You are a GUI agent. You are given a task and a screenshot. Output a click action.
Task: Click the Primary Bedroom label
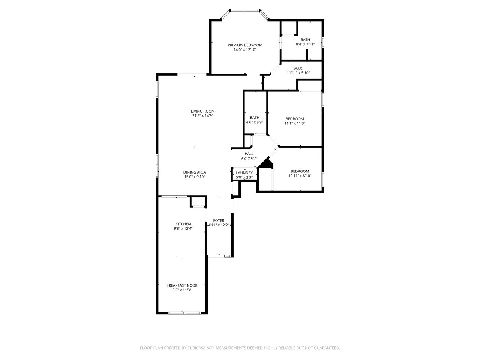(x=245, y=45)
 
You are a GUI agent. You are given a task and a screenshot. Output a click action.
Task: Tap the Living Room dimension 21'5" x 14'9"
(x=202, y=116)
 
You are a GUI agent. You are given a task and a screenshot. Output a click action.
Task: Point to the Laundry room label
(x=244, y=173)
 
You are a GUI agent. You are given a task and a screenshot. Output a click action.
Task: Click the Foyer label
(x=219, y=220)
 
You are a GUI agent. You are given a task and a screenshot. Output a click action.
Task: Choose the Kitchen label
(x=183, y=224)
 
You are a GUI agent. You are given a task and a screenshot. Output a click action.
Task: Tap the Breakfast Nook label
(x=182, y=285)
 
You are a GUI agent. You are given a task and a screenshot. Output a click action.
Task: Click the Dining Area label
(x=195, y=172)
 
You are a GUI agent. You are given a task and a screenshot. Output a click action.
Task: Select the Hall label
(x=249, y=154)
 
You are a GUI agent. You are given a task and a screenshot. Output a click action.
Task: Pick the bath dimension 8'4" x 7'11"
(x=305, y=44)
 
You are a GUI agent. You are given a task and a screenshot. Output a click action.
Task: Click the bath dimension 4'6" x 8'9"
(x=255, y=122)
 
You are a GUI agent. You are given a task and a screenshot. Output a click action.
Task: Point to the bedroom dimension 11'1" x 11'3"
(x=295, y=123)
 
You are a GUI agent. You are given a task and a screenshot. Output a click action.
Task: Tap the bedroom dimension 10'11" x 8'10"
(x=300, y=176)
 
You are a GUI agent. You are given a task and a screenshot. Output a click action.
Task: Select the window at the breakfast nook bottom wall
(x=182, y=313)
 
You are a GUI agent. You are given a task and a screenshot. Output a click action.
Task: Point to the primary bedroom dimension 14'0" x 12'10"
(x=245, y=49)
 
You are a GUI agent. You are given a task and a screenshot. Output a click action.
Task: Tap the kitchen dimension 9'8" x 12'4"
(x=183, y=228)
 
